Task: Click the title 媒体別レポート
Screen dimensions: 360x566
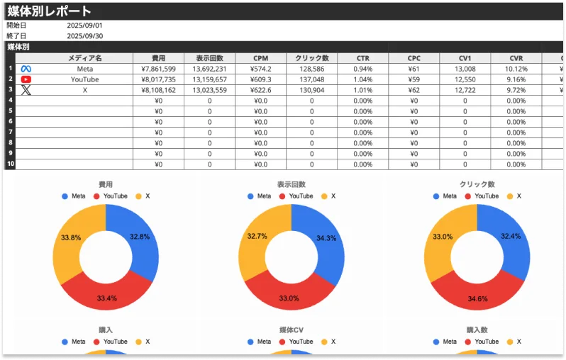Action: tap(50, 11)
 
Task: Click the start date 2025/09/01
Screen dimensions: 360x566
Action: tap(84, 26)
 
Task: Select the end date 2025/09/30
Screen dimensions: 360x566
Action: tap(84, 36)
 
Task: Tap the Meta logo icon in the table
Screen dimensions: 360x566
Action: tap(26, 69)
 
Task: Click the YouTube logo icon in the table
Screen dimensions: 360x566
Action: tap(26, 79)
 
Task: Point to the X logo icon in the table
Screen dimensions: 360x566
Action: tap(26, 90)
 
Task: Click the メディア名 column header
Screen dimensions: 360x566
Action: tap(84, 58)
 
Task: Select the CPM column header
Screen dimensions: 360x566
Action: tap(260, 58)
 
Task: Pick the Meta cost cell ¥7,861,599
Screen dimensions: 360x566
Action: tap(158, 69)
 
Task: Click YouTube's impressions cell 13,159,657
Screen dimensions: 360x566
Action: tap(209, 79)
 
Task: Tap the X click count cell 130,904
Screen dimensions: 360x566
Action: tap(311, 90)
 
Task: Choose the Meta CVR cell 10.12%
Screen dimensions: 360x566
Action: tap(516, 69)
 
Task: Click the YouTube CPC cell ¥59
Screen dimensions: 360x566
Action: tap(414, 79)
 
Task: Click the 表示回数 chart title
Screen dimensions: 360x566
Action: tap(291, 184)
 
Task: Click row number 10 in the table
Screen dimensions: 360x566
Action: tap(10, 164)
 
